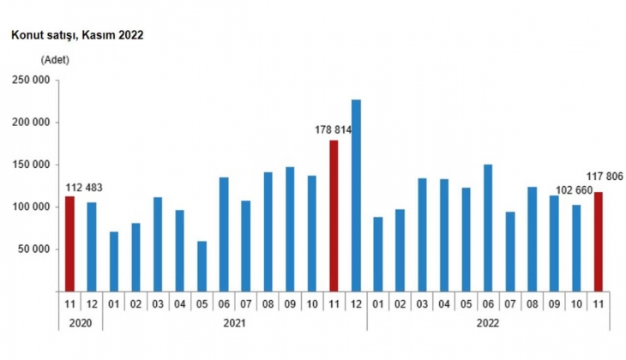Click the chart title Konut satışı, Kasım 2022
(76, 35)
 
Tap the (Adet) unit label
(54, 60)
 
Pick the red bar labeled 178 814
(334, 215)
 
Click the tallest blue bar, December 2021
(356, 195)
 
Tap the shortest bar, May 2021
(202, 266)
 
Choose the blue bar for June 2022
(488, 227)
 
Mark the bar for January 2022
(378, 254)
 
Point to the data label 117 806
(605, 177)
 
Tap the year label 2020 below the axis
(81, 324)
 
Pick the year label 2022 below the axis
(487, 324)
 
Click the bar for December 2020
(92, 246)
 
